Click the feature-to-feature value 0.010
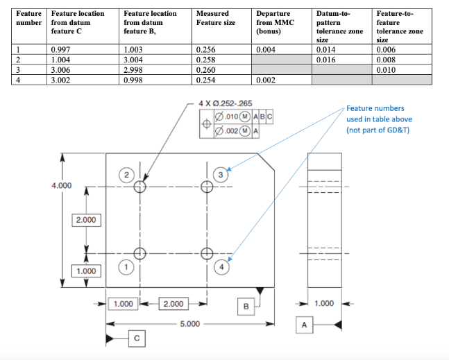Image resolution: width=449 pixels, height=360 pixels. click(x=386, y=70)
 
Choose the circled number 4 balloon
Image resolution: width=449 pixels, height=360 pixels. click(x=221, y=266)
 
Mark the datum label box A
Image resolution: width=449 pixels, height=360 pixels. click(x=304, y=325)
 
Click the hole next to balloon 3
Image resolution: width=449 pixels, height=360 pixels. click(x=205, y=186)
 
